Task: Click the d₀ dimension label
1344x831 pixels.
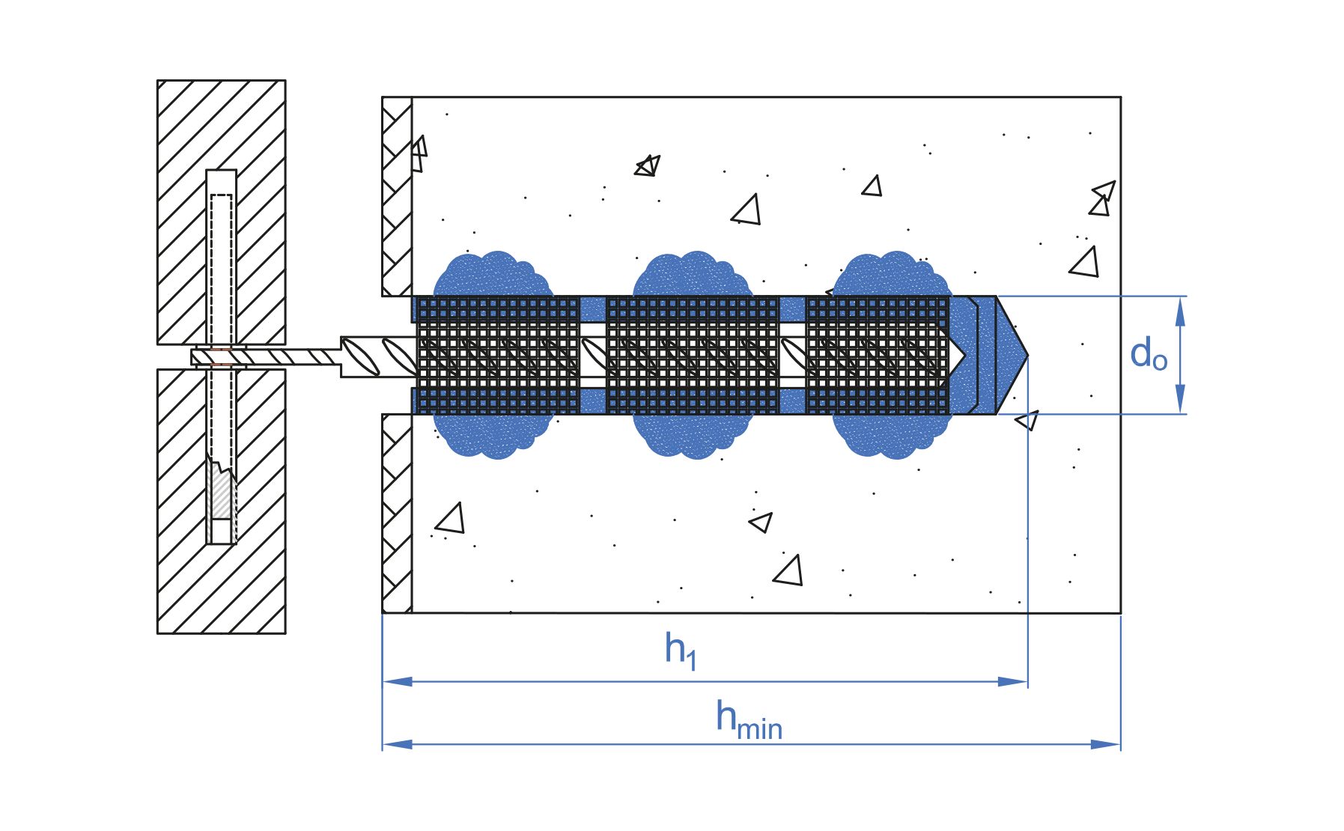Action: [1148, 354]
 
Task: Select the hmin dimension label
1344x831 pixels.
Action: [748, 720]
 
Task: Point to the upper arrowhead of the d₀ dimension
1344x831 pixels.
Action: [1180, 311]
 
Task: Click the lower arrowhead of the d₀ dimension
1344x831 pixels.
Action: [1180, 399]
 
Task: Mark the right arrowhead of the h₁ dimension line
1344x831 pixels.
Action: [1013, 681]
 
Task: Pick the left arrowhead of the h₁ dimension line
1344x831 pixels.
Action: [398, 681]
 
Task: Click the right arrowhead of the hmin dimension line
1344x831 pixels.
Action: [1105, 744]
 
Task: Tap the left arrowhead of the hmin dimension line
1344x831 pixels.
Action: [398, 744]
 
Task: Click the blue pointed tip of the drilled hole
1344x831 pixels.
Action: [1011, 355]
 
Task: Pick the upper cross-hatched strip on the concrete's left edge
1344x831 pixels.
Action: [397, 197]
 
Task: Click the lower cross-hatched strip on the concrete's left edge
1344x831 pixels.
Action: [397, 514]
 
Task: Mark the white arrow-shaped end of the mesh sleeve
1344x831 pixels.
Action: [957, 355]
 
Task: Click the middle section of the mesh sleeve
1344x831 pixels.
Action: [693, 355]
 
